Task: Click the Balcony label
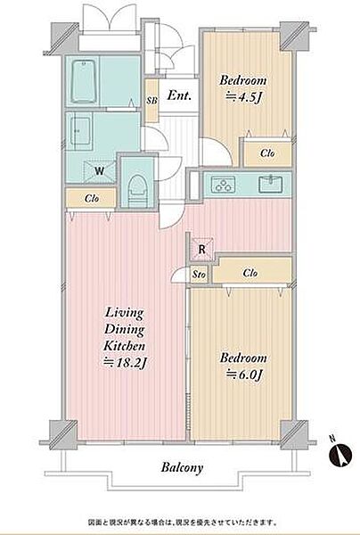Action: pos(182,467)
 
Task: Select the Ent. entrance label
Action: pos(179,95)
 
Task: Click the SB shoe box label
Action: pos(151,101)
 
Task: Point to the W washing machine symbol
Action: pos(99,171)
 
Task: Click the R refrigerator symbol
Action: pos(201,250)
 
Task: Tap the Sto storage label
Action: pos(199,275)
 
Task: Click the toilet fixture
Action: pos(138,191)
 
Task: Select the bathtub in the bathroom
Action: pos(83,81)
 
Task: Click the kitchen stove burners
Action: pos(223,185)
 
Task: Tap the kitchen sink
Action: pos(270,185)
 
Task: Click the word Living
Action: pos(124,313)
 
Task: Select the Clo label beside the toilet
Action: pos(92,199)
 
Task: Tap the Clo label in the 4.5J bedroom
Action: pos(267,153)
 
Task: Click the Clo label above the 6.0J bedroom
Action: pos(250,273)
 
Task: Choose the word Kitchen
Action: pos(124,346)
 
